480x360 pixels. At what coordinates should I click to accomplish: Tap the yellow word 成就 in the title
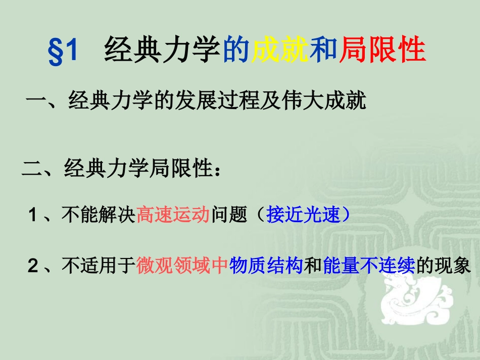[280, 51]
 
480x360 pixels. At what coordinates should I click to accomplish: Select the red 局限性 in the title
[382, 51]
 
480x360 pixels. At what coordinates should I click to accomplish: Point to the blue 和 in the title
[324, 51]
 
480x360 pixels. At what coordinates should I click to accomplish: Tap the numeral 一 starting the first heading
[36, 101]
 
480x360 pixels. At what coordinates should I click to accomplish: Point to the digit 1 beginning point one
[33, 216]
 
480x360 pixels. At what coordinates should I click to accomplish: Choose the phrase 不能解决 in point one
[99, 216]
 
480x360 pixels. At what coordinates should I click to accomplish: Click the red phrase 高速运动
[173, 216]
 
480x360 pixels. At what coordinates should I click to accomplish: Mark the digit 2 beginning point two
[33, 266]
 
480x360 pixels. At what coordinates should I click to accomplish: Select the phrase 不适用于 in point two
[99, 266]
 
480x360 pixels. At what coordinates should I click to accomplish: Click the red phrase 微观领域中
[182, 266]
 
